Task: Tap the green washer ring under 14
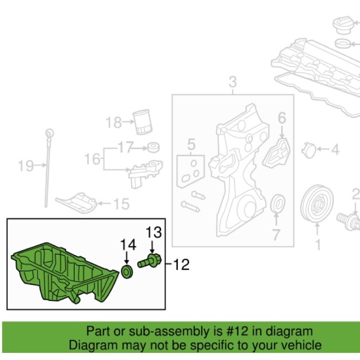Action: point(128,271)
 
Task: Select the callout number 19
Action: point(26,166)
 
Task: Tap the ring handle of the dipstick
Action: point(49,133)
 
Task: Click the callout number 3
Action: point(232,82)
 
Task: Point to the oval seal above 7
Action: point(279,203)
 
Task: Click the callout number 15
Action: point(120,205)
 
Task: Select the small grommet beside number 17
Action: point(154,147)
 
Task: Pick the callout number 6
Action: point(282,119)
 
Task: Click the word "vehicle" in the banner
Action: point(301,345)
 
